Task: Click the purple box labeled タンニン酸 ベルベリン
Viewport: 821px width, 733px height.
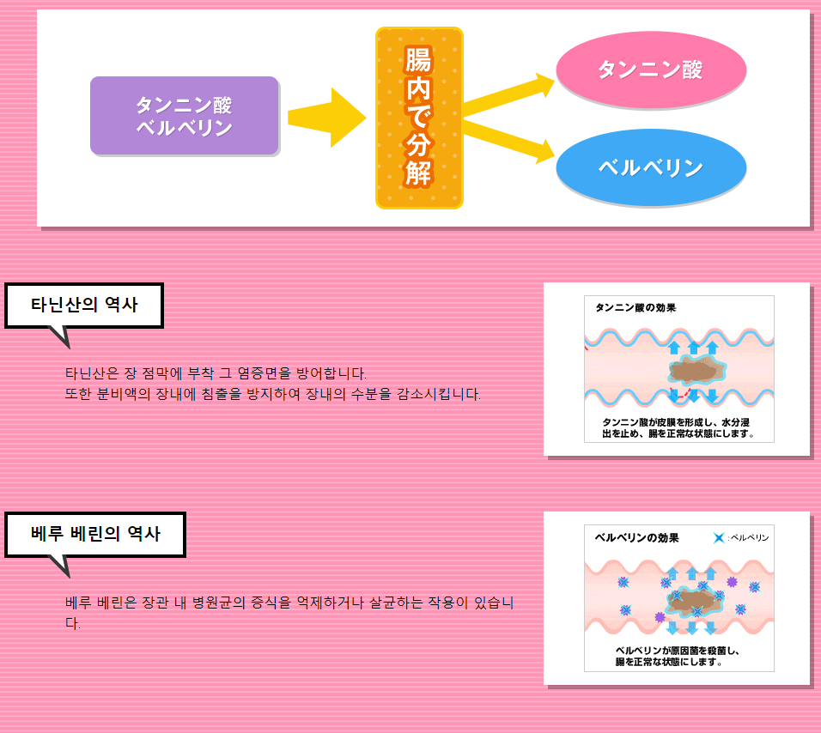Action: click(x=185, y=116)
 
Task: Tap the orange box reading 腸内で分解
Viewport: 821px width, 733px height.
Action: click(x=419, y=118)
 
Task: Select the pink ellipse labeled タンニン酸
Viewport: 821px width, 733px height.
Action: click(x=651, y=70)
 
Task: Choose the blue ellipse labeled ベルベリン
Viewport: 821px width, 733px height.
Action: click(x=651, y=167)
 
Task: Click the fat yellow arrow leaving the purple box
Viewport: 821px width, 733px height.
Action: click(x=325, y=118)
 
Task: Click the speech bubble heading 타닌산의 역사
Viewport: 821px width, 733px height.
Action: click(x=84, y=306)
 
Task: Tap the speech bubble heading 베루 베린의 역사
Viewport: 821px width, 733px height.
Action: click(x=95, y=534)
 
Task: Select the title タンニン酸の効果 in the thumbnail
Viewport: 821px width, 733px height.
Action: click(x=635, y=307)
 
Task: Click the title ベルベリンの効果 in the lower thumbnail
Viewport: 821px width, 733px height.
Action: click(x=636, y=538)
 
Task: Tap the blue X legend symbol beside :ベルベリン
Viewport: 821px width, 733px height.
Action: click(x=719, y=538)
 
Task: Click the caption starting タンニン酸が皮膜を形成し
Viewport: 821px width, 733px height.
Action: click(x=678, y=427)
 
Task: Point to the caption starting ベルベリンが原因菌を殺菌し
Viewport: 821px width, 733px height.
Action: click(x=678, y=657)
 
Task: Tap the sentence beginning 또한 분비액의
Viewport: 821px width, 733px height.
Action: click(x=273, y=395)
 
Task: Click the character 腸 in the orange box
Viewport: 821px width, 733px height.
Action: click(x=419, y=60)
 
